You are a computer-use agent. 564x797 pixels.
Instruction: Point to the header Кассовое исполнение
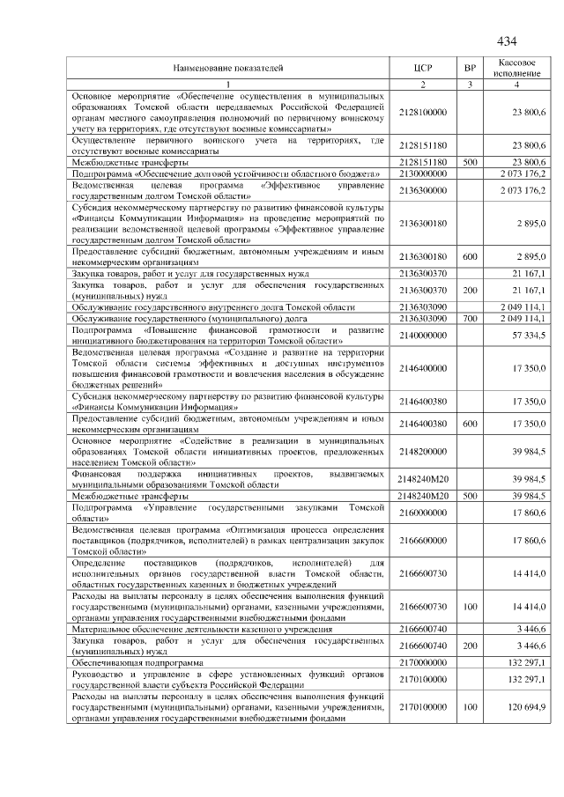click(x=517, y=67)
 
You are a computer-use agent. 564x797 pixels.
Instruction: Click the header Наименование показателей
click(x=228, y=67)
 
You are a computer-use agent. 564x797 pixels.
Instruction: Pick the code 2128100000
click(x=423, y=113)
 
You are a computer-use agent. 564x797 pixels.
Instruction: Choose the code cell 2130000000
click(x=423, y=174)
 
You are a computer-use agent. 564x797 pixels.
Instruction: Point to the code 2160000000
click(x=423, y=513)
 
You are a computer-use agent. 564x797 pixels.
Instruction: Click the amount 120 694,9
click(x=527, y=707)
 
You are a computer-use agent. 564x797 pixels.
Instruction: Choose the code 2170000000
click(x=423, y=660)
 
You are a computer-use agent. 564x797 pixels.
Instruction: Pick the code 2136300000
click(x=423, y=191)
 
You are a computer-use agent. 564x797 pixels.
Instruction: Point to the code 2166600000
click(x=423, y=538)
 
